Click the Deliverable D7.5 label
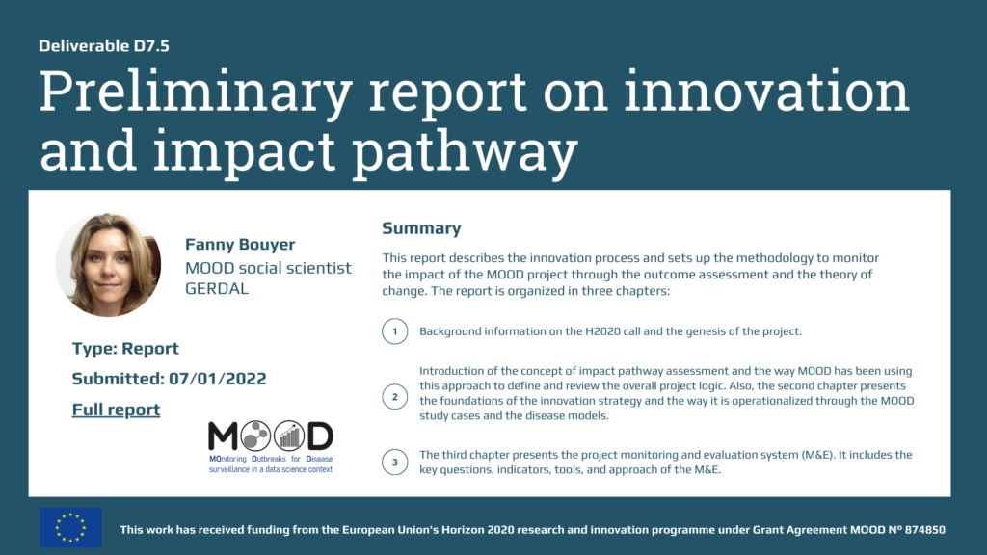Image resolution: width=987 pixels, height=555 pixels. (104, 46)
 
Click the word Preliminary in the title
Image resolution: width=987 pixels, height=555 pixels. (195, 92)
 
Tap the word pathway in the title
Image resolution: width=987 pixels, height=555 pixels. (465, 151)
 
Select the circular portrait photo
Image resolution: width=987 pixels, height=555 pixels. (108, 264)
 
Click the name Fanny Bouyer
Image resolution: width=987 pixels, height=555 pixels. (240, 244)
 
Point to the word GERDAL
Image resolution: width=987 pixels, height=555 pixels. (217, 288)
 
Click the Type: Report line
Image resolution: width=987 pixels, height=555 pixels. (125, 349)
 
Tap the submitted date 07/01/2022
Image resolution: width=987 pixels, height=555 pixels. (217, 379)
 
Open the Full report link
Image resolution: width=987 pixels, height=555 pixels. (116, 410)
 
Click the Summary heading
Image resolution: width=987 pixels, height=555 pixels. (421, 228)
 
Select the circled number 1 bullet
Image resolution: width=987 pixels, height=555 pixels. (394, 331)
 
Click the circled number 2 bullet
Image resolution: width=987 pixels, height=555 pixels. (394, 397)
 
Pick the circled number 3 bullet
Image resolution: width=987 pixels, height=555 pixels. (394, 462)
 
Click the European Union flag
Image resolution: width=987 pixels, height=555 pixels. (70, 527)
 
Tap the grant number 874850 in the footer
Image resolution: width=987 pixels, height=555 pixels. (924, 530)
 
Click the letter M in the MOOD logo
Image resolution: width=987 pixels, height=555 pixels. (223, 436)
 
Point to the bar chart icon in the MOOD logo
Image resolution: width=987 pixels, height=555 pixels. (289, 436)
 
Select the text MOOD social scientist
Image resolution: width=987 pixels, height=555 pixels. (268, 268)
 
